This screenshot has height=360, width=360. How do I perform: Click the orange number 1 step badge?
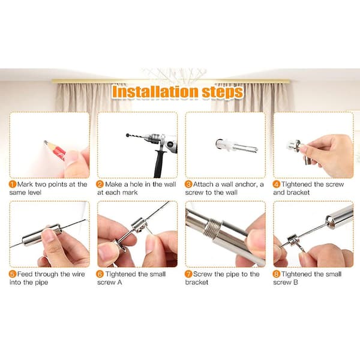click(13, 184)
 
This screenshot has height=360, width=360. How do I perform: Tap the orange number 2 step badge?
click(100, 184)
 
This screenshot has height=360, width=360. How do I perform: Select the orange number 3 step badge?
click(188, 184)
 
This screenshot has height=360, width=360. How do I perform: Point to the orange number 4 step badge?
click(277, 184)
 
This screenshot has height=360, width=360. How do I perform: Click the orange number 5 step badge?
click(13, 274)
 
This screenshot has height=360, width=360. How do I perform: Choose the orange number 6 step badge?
click(100, 274)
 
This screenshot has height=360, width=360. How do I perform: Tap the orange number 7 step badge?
click(188, 274)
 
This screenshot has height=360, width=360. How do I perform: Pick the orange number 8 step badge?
click(277, 274)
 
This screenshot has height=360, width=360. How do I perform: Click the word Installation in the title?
click(155, 91)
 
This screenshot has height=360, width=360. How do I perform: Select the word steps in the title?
click(223, 92)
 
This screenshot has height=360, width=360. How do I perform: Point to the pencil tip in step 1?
click(45, 142)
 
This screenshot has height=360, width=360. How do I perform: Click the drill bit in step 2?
click(136, 136)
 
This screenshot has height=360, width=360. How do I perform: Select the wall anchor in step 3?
click(236, 146)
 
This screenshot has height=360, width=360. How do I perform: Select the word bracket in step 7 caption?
click(197, 282)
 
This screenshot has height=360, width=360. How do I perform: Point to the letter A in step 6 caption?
click(119, 282)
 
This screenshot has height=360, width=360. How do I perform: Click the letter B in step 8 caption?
click(295, 282)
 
